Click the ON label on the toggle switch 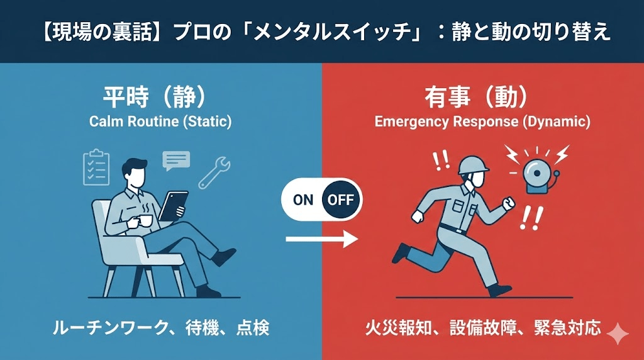point(303,200)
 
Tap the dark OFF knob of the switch point(340,200)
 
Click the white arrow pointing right point(321,239)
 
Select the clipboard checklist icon point(96,167)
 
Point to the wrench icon point(214,172)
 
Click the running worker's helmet point(473,165)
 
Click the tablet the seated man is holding point(173,205)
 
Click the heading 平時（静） point(154,97)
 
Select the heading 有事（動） point(476,97)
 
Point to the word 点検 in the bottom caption point(253,328)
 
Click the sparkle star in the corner point(618,334)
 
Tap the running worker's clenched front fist point(509,203)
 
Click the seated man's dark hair point(134,167)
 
